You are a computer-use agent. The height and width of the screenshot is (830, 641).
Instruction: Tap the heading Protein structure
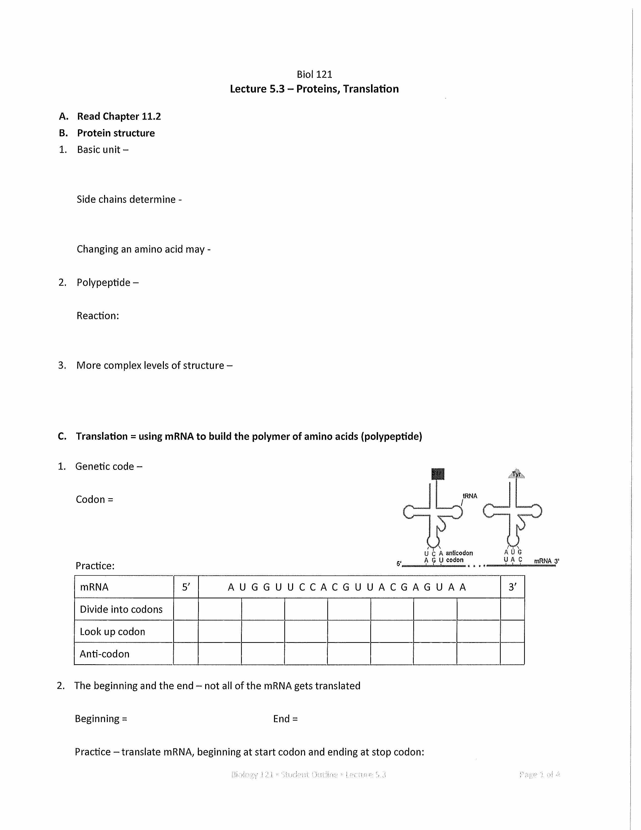[116, 133]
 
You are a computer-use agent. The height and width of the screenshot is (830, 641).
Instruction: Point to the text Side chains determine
[126, 199]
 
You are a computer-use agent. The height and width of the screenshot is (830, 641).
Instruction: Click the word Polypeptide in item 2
[103, 282]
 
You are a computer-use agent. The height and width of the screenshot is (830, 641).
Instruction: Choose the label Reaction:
[98, 316]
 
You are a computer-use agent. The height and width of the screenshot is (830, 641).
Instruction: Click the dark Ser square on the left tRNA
[438, 474]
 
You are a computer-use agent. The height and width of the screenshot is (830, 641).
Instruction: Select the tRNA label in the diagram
[470, 496]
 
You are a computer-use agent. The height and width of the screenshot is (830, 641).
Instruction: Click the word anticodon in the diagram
[459, 553]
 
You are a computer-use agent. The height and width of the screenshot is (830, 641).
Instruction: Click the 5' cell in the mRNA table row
[186, 587]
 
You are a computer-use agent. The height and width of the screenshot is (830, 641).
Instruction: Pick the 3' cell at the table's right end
[512, 587]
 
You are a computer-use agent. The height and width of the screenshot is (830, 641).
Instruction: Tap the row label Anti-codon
[104, 654]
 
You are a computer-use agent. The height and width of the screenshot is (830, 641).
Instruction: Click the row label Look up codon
[112, 632]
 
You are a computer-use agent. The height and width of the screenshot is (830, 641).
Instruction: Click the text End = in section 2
[285, 719]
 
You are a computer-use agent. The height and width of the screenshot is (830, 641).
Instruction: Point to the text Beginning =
[101, 719]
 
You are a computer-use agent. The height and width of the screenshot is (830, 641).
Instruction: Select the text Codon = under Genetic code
[94, 499]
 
